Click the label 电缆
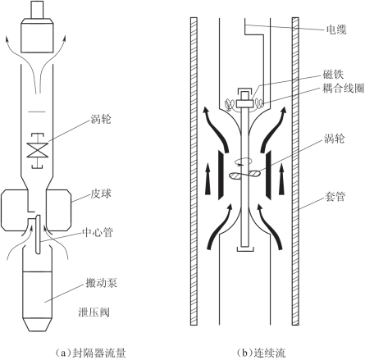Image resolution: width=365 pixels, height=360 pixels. [337, 30]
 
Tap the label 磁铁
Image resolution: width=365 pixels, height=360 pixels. [333, 75]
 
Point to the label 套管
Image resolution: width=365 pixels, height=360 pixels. [335, 196]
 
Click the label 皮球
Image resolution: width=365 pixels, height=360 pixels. [101, 194]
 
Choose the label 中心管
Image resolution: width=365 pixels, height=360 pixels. [98, 232]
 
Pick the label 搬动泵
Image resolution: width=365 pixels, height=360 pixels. [102, 283]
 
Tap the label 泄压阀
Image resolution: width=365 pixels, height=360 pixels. [94, 312]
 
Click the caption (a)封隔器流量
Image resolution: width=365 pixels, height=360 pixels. [90, 353]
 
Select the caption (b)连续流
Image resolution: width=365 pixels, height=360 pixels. [261, 353]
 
